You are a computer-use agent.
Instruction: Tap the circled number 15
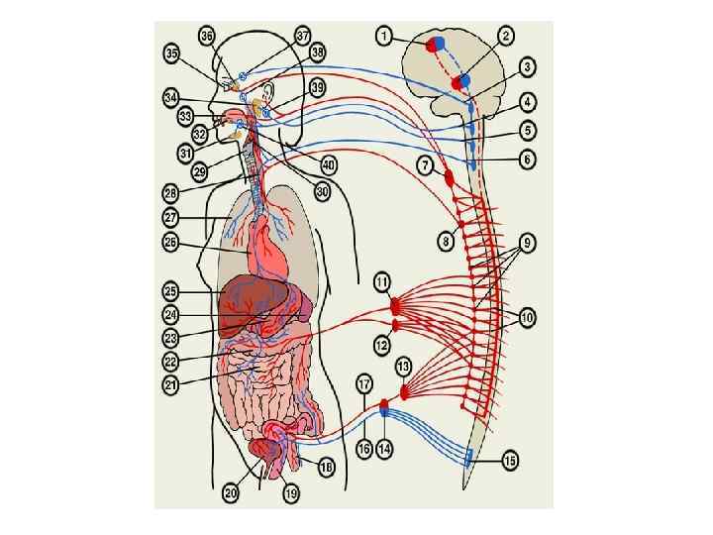coord(511,461)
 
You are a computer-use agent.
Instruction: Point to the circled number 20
coord(231,492)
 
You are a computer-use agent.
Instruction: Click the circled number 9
coord(528,241)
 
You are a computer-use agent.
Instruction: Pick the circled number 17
coord(364,382)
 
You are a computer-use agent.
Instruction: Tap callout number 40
coord(328,164)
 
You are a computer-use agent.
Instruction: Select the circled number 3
coord(528,67)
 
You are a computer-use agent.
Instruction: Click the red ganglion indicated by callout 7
coord(450,180)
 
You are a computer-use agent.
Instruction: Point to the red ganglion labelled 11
coord(397,304)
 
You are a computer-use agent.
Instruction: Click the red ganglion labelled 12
coord(396,324)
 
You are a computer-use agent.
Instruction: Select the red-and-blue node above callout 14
coord(385,404)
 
